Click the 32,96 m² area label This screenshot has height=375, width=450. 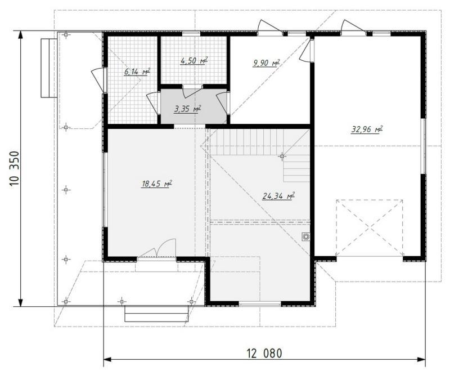(x=367, y=130)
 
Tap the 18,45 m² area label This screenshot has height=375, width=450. (x=157, y=184)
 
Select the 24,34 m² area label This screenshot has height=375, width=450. (x=278, y=196)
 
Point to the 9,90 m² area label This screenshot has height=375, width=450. (x=266, y=62)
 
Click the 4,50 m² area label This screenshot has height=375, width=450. (x=194, y=61)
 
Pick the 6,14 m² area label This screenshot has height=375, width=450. (x=137, y=72)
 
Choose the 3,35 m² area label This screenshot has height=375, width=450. (x=187, y=109)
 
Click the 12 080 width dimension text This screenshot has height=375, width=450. (x=264, y=353)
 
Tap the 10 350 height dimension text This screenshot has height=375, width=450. (x=15, y=169)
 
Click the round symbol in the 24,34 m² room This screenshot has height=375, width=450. (x=306, y=236)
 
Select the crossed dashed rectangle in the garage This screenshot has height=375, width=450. (x=370, y=227)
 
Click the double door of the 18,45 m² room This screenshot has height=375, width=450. (x=157, y=249)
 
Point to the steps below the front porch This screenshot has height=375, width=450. (x=157, y=314)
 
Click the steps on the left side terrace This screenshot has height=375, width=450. (x=49, y=68)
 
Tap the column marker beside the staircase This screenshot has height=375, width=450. (x=282, y=157)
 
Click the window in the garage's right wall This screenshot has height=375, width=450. (x=424, y=146)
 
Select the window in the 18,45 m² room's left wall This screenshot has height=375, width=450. (x=105, y=190)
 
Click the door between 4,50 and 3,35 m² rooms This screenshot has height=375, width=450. (x=193, y=91)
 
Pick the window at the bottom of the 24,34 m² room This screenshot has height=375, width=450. (x=260, y=304)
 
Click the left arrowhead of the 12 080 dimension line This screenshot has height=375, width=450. (x=107, y=359)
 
